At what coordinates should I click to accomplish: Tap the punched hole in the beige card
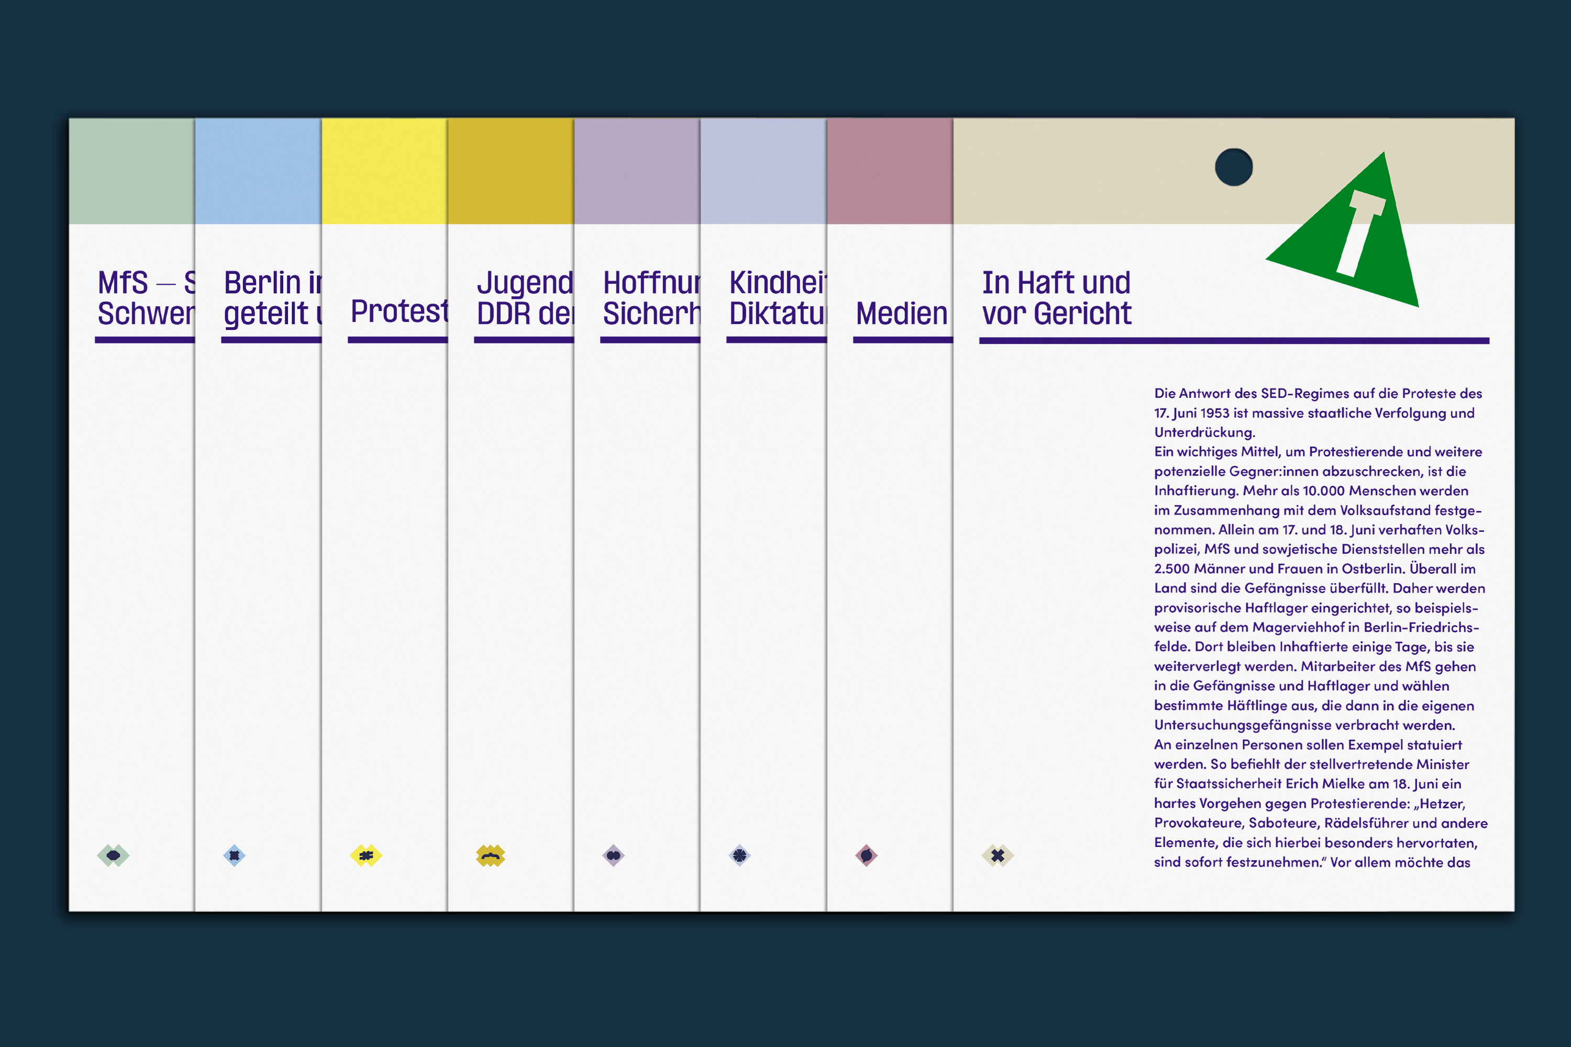1233,167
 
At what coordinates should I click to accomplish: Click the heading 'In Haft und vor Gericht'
1057,298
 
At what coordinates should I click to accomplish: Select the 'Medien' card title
901,313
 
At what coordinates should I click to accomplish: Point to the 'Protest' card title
399,311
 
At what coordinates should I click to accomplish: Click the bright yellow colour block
384,171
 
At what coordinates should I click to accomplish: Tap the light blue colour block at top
258,171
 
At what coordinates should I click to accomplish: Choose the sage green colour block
131,171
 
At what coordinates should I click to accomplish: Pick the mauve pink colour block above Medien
889,171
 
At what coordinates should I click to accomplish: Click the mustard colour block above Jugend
510,171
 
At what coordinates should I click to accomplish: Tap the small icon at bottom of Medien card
866,855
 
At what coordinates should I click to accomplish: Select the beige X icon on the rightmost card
997,855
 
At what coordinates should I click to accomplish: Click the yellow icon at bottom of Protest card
366,855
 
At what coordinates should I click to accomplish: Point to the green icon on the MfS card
113,855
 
